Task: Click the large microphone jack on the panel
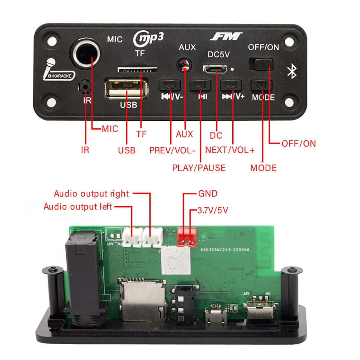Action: click(x=85, y=53)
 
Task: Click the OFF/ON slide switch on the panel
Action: click(x=261, y=64)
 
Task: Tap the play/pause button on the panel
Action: click(x=200, y=85)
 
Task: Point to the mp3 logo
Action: click(x=148, y=39)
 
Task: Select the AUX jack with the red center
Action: click(x=185, y=66)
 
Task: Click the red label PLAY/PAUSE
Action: click(x=199, y=168)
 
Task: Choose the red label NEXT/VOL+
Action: click(x=230, y=150)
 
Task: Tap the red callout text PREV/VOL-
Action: click(x=172, y=150)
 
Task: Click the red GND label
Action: click(x=208, y=194)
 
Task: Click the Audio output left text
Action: click(x=78, y=207)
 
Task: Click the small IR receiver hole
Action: click(x=85, y=86)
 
